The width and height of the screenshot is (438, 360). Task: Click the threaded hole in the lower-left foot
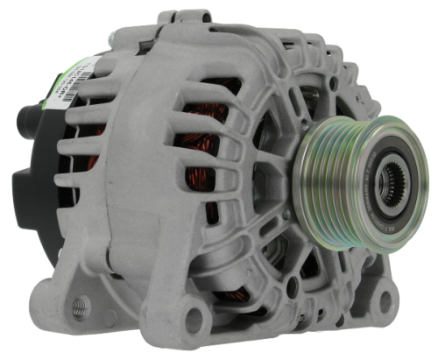(x=81, y=305)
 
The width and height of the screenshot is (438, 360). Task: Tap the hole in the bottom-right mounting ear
(x=385, y=300)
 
